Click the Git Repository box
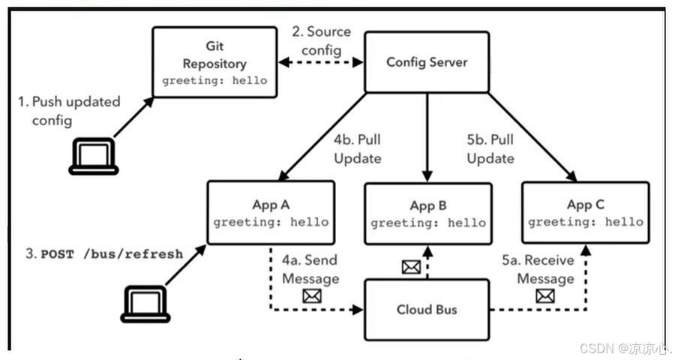tap(214, 62)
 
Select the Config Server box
tap(426, 62)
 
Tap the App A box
tap(270, 213)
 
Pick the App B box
tap(427, 214)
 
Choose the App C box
tap(584, 213)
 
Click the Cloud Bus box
tap(427, 309)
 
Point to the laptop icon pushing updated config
tap(94, 158)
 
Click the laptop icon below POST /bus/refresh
tap(144, 303)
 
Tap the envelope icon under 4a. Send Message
tap(310, 296)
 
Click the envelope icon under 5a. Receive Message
tap(546, 296)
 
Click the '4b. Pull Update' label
tap(358, 149)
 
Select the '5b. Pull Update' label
tap(490, 149)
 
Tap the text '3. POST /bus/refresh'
tap(104, 253)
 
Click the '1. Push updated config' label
tap(69, 110)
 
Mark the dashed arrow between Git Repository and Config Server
tap(320, 63)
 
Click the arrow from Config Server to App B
tap(427, 139)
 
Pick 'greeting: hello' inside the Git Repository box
tap(214, 80)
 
